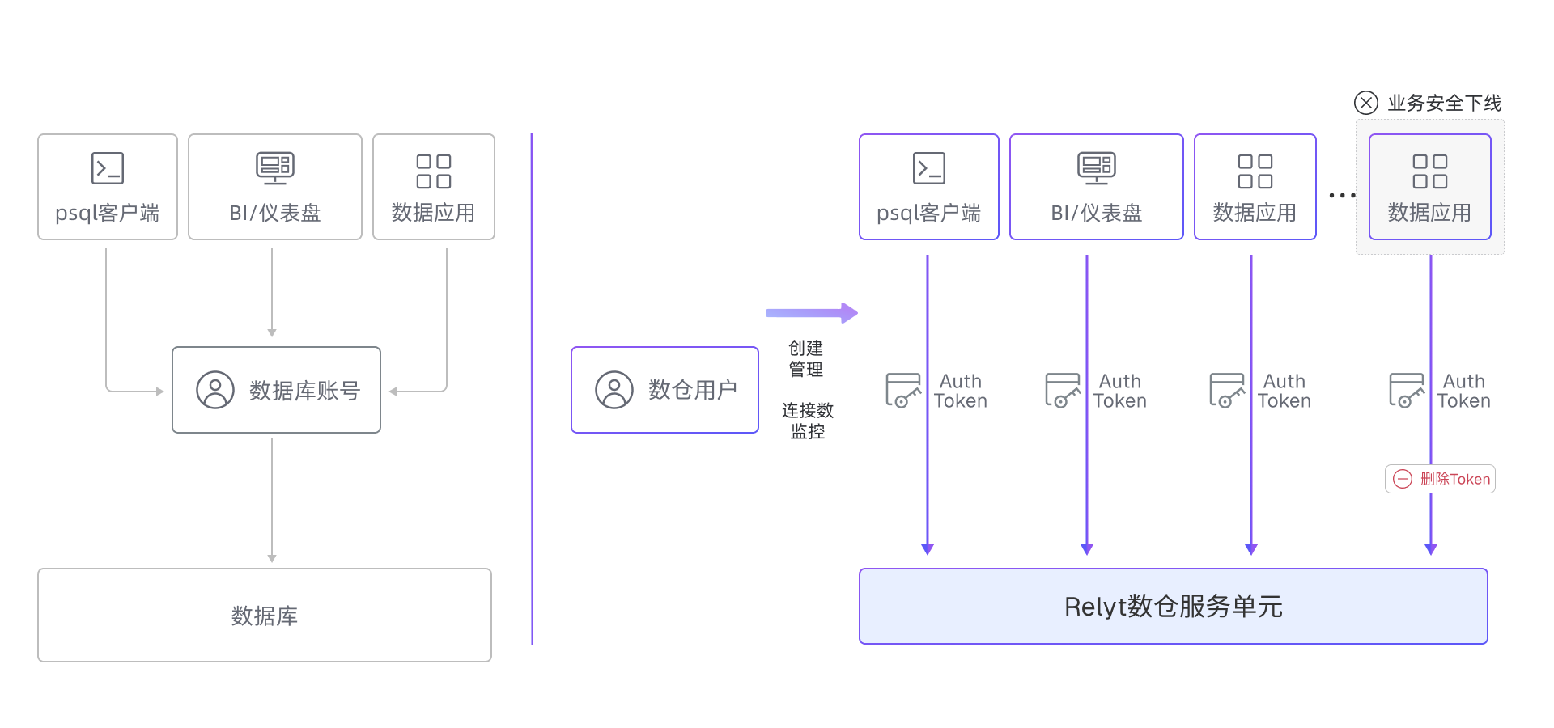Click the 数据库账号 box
(276, 390)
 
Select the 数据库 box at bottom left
(264, 616)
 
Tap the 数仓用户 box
(664, 390)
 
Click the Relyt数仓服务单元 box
(1173, 607)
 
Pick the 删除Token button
(1440, 479)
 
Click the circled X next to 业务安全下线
(1365, 103)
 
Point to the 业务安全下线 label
(1444, 103)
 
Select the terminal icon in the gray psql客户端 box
(108, 168)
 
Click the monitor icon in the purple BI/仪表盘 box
(1096, 168)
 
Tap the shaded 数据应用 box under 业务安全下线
(1429, 188)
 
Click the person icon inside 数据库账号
(215, 390)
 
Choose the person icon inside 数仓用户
(614, 390)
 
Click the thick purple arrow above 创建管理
(811, 313)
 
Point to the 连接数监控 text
(807, 421)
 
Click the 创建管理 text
(805, 358)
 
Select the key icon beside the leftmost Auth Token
(903, 390)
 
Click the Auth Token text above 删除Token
(1463, 391)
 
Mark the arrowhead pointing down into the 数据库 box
(272, 558)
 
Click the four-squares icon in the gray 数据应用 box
(433, 171)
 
